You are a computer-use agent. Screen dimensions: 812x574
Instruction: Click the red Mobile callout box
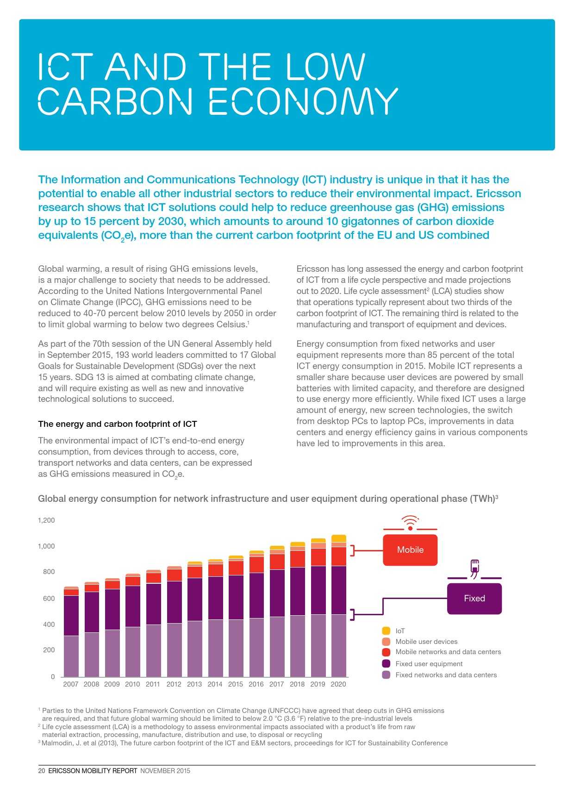tap(410, 550)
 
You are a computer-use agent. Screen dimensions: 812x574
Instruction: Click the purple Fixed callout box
tap(474, 599)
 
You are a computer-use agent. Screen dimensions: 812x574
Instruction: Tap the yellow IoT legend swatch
tap(386, 631)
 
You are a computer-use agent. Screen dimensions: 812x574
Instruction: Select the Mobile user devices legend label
tap(426, 642)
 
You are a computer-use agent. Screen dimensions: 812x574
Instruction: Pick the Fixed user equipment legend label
tap(429, 664)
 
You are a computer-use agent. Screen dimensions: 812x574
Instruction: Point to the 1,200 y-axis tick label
tap(46, 520)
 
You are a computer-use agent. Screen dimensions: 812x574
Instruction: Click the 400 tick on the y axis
tap(49, 625)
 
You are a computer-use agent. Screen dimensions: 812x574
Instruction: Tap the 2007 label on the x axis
tap(71, 684)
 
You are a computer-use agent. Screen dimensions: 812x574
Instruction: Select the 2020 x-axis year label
tap(338, 684)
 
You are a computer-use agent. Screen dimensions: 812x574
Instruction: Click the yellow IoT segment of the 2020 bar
tap(338, 538)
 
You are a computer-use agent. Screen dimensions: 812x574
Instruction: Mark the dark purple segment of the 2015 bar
tap(236, 597)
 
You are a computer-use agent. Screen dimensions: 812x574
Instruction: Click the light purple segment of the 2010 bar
tap(132, 652)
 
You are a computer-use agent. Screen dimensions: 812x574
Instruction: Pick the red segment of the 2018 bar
tap(297, 559)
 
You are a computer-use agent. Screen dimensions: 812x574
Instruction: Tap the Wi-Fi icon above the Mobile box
tap(410, 523)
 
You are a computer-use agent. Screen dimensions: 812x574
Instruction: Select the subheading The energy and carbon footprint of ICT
tap(118, 424)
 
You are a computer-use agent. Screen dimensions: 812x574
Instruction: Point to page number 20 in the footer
tap(42, 771)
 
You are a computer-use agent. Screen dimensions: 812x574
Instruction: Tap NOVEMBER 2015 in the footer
tap(165, 771)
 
